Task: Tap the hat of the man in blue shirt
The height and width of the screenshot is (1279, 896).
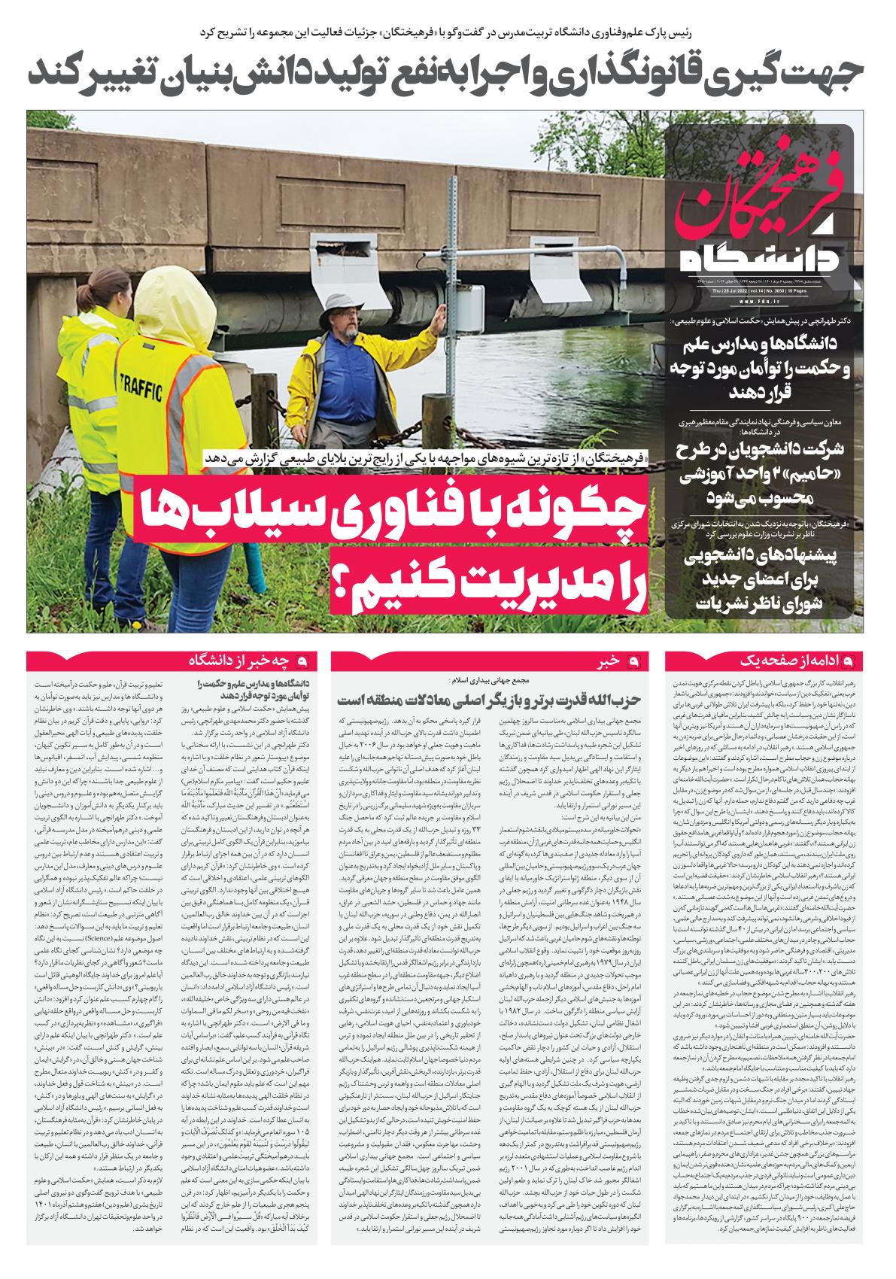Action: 347,302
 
